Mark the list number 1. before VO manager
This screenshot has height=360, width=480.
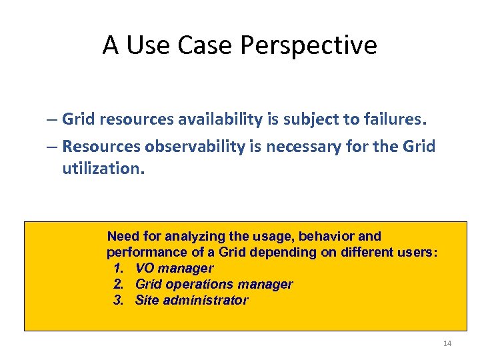[x=119, y=269]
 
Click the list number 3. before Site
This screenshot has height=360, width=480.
[x=119, y=301]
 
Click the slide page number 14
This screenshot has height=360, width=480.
[x=447, y=343]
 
